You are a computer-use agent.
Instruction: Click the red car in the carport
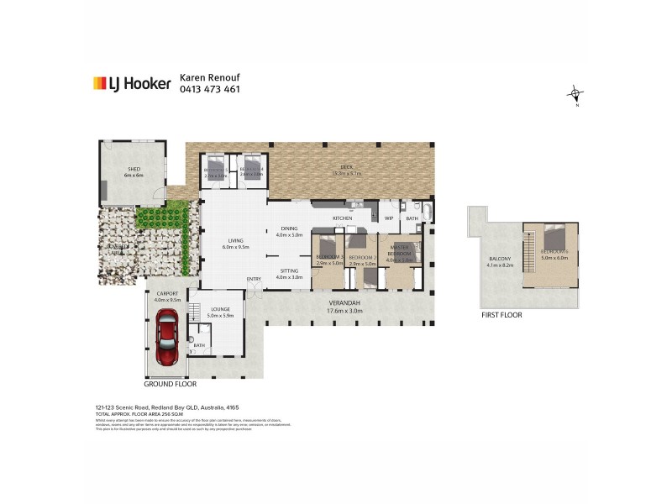(x=166, y=338)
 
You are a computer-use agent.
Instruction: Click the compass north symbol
(x=575, y=95)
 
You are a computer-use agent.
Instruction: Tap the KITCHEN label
(x=342, y=218)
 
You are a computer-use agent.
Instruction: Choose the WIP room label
(x=389, y=218)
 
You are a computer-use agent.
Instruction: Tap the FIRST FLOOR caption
(x=501, y=315)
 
